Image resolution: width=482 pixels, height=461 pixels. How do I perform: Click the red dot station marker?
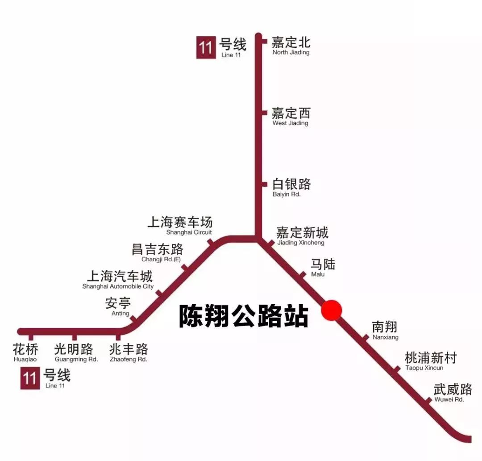(x=332, y=310)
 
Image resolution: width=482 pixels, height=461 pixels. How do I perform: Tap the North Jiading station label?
(x=291, y=46)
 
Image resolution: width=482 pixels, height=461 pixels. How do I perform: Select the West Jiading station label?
(x=291, y=116)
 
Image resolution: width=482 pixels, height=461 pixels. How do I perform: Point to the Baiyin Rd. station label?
(x=291, y=188)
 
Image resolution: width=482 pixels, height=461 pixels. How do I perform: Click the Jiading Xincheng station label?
(x=302, y=236)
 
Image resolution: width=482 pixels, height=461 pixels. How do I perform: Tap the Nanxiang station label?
(x=385, y=331)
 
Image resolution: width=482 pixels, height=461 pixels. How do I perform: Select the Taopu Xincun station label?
(x=431, y=361)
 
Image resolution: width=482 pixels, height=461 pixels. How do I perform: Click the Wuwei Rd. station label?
(x=453, y=392)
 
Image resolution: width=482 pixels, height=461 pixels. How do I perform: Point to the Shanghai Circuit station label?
(x=180, y=225)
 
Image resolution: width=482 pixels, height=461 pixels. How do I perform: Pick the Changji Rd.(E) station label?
(x=158, y=252)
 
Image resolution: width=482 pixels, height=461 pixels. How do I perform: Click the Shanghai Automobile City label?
(x=119, y=279)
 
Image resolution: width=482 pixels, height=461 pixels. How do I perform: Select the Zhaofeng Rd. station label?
(x=129, y=352)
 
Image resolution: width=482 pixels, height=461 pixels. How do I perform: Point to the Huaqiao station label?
(x=25, y=352)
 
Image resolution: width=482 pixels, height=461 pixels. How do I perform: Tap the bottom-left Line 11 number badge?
(x=30, y=378)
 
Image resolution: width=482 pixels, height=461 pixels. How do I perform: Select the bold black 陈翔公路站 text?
(x=244, y=316)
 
